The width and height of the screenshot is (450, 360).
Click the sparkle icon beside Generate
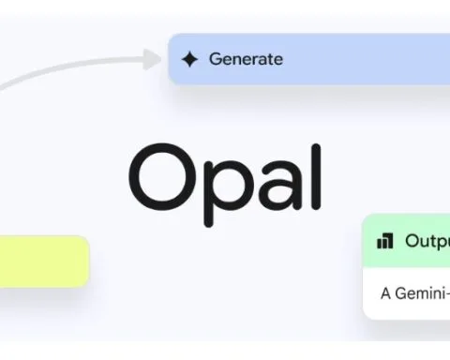190,60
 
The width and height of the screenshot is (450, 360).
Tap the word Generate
245,60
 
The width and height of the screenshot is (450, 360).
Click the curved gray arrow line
56,71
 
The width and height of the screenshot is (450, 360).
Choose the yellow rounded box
43,261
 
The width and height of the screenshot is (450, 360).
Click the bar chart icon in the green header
385,241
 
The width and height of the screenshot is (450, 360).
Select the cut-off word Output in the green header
427,241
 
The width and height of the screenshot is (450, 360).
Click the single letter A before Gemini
385,292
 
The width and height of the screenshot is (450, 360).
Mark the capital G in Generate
215,60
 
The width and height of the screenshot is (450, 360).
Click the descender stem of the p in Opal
202,199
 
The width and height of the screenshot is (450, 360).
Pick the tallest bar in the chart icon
389,240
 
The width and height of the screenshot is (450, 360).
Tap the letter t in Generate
268,60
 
